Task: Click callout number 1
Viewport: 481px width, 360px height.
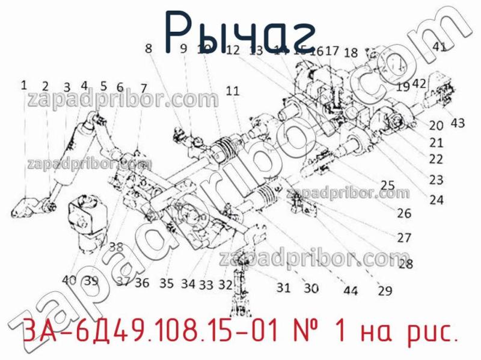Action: click(24, 85)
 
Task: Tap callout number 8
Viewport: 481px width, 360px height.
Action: click(148, 50)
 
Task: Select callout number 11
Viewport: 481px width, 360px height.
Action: click(233, 91)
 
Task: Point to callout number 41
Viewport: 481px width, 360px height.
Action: click(440, 47)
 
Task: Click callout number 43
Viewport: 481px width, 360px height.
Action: click(458, 123)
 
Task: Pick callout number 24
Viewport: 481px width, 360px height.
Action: click(436, 200)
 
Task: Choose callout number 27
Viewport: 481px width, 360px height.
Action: click(403, 237)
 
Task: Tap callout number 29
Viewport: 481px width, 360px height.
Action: click(385, 291)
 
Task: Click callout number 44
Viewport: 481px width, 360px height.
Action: click(351, 291)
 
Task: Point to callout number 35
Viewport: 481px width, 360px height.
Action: click(166, 282)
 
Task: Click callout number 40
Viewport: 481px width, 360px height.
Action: click(69, 279)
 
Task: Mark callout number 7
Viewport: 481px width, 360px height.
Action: click(144, 88)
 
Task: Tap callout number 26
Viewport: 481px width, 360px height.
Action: click(403, 213)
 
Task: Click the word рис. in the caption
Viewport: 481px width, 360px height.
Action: click(429, 332)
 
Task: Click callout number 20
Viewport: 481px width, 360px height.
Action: click(436, 126)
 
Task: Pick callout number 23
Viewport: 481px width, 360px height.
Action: click(436, 179)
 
